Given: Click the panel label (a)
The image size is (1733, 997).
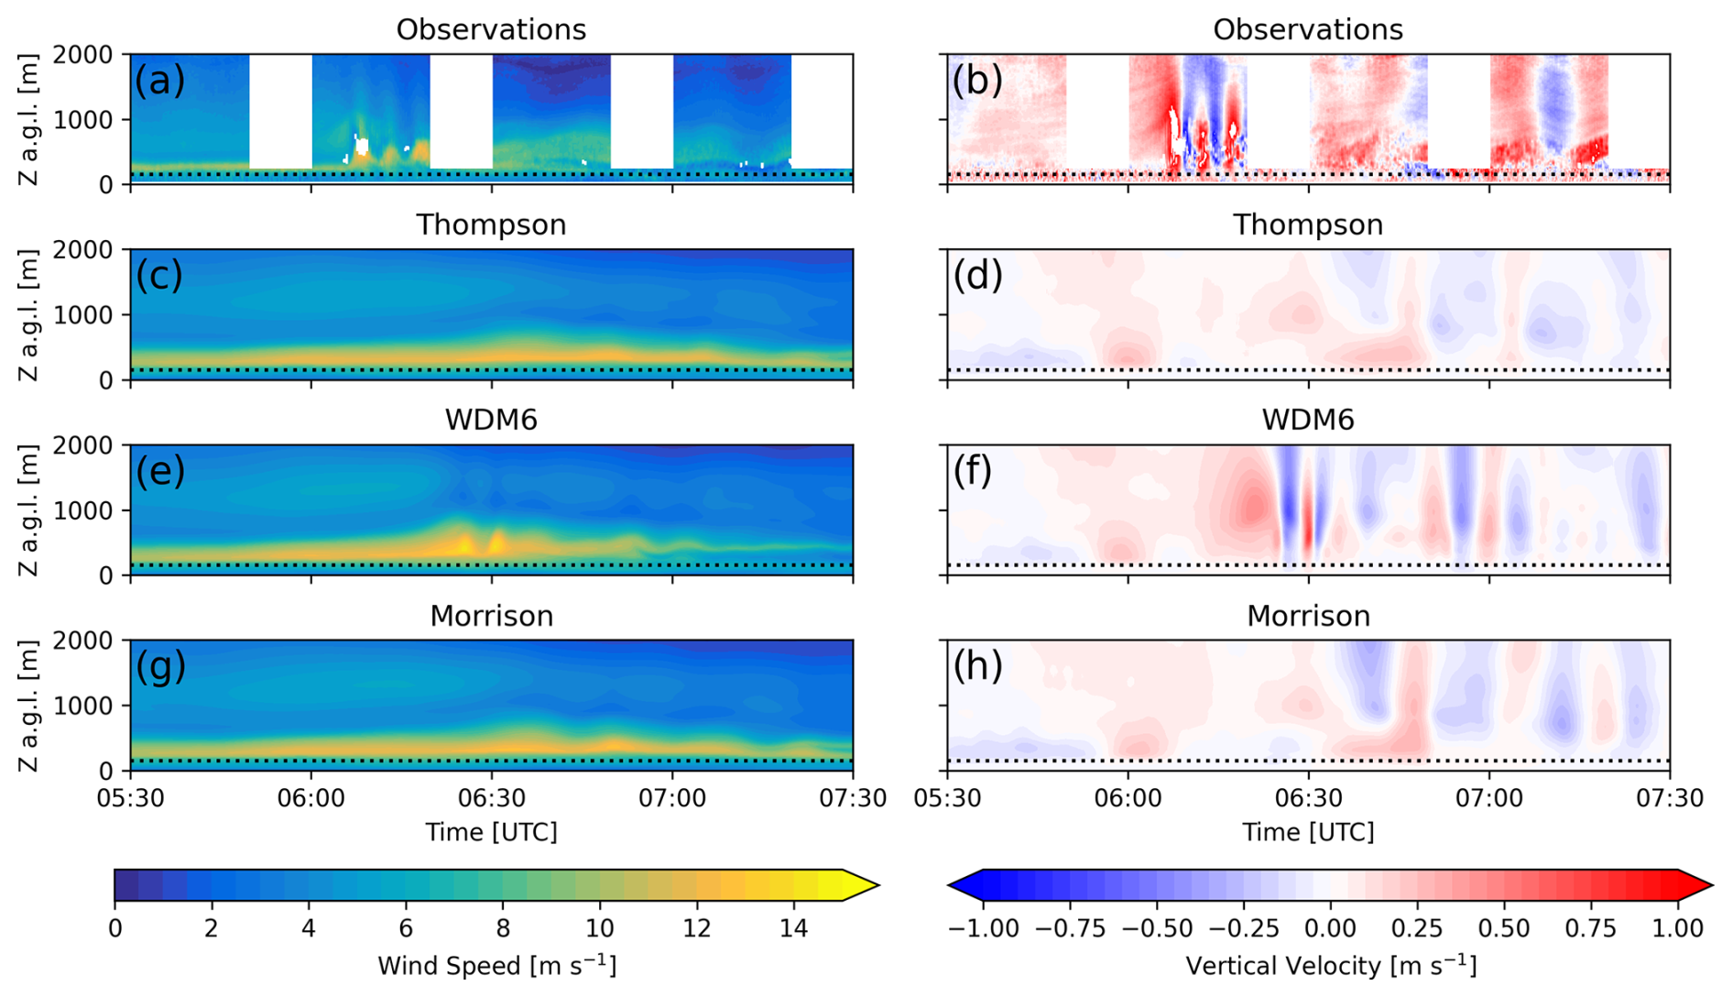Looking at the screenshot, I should click(159, 81).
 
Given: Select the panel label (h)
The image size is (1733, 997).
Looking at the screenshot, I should click(977, 666).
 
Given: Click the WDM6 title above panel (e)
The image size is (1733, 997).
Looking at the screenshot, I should click(491, 420).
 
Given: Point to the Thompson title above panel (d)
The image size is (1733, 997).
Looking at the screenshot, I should click(1307, 225).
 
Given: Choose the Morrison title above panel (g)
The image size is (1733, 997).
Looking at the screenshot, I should click(491, 616).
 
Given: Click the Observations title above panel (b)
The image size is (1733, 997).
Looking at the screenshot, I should click(1307, 29).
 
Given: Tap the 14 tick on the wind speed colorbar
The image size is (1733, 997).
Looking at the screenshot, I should click(793, 928).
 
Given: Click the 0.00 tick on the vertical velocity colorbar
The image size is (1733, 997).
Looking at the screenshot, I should click(1330, 928).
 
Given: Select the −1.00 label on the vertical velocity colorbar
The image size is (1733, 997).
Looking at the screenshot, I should click(983, 928).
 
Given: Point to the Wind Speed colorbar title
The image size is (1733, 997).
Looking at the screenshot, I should click(496, 966).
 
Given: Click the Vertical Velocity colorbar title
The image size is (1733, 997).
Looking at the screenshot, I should click(1330, 966).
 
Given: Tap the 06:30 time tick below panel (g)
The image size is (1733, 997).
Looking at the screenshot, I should click(491, 798).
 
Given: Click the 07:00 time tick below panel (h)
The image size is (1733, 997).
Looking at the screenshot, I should click(1488, 798).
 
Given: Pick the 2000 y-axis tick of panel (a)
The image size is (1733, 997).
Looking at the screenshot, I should click(83, 55).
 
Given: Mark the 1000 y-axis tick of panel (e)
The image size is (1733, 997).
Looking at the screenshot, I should click(83, 510).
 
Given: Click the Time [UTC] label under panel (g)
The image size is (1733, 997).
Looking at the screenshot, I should click(491, 832).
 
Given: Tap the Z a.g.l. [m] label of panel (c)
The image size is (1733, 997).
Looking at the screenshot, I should click(28, 314).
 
